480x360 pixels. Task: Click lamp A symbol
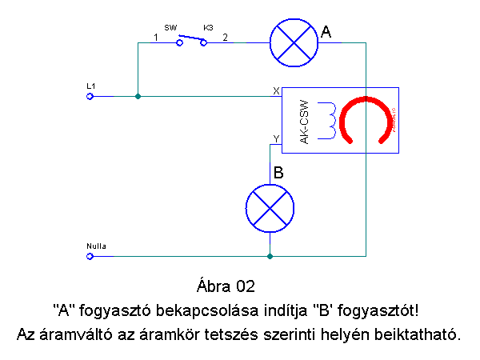pyautogui.click(x=293, y=42)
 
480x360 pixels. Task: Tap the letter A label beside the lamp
pyautogui.click(x=326, y=33)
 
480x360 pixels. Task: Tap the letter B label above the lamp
pyautogui.click(x=278, y=172)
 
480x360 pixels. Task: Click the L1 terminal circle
pyautogui.click(x=90, y=96)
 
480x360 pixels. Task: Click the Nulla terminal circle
pyautogui.click(x=90, y=256)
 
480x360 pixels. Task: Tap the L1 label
pyautogui.click(x=90, y=85)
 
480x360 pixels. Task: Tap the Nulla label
pyautogui.click(x=95, y=245)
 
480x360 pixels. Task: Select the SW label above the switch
pyautogui.click(x=170, y=27)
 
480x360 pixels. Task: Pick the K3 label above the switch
pyautogui.click(x=208, y=27)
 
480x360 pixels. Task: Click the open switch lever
pyautogui.click(x=190, y=38)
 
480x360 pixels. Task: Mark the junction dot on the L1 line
pyautogui.click(x=138, y=96)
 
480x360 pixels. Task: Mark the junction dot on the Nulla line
pyautogui.click(x=270, y=256)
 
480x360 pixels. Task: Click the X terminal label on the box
pyautogui.click(x=276, y=91)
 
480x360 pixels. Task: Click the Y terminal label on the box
pyautogui.click(x=276, y=138)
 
